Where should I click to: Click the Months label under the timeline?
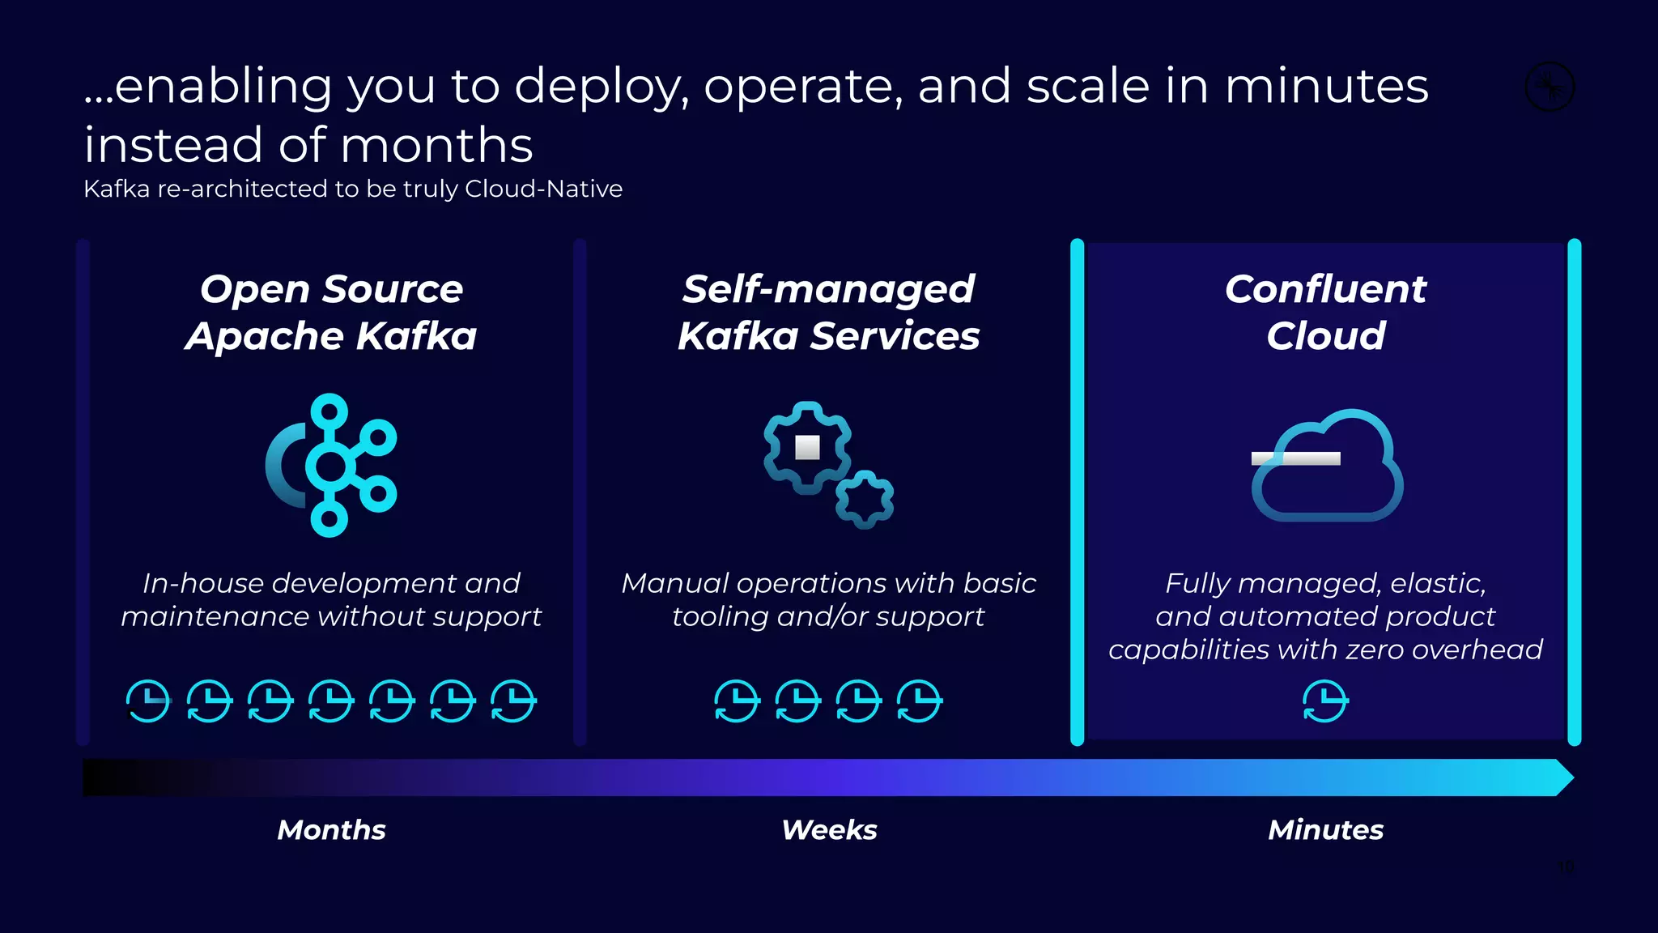331,829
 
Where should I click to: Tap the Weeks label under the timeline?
829,829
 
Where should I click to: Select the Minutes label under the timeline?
1325,829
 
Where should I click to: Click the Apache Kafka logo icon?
332,465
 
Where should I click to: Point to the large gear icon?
807,447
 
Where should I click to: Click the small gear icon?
865,500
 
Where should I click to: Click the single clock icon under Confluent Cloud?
1325,701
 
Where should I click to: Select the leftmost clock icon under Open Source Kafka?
148,701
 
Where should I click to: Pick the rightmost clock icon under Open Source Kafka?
513,701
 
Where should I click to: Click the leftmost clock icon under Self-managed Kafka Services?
737,701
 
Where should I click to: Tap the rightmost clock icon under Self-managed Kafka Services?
920,701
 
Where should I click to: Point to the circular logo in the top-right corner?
1550,87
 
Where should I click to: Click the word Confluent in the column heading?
1325,289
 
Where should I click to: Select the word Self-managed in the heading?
828,289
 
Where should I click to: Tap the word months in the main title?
437,146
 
